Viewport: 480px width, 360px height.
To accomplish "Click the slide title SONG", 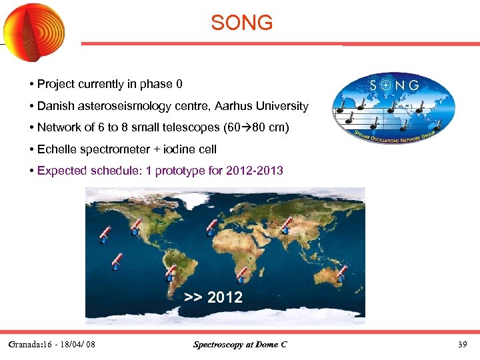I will pyautogui.click(x=241, y=23).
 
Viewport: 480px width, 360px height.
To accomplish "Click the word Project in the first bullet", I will pyautogui.click(x=57, y=84).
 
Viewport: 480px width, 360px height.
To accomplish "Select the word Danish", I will pyautogui.click(x=57, y=106).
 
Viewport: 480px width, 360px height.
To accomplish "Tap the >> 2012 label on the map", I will pyautogui.click(x=213, y=297).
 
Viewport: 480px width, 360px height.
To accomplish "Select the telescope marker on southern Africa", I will pyautogui.click(x=241, y=274).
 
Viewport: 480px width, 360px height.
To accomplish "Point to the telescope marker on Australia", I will pyautogui.click(x=342, y=271).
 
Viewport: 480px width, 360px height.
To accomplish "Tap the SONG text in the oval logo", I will pyautogui.click(x=394, y=85).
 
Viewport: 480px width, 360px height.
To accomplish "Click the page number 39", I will pyautogui.click(x=462, y=345).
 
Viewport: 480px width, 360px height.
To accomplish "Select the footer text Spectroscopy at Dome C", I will pyautogui.click(x=240, y=345).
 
